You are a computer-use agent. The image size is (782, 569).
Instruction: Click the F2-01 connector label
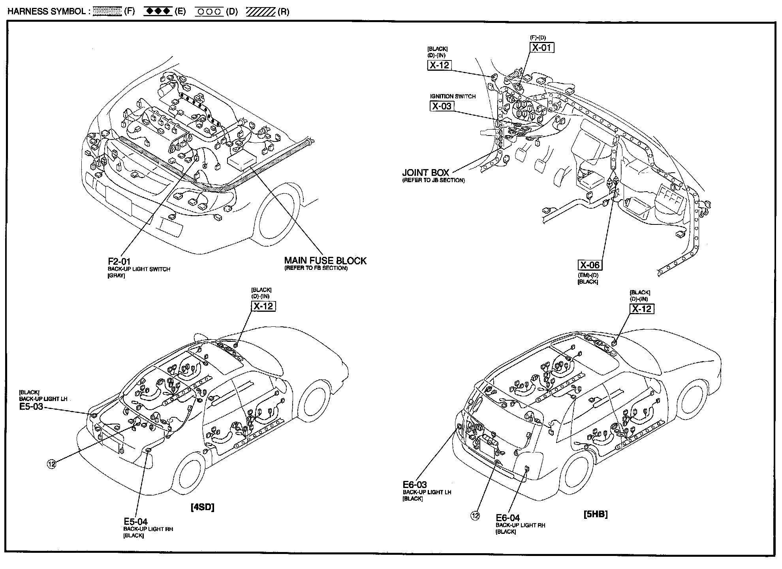119,261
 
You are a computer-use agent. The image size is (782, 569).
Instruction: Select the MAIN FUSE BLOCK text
325,261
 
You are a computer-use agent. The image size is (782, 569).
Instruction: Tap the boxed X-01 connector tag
542,47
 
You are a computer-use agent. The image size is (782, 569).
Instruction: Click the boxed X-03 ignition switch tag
442,106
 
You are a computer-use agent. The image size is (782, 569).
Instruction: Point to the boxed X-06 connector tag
590,265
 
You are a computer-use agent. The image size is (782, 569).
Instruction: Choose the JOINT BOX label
425,173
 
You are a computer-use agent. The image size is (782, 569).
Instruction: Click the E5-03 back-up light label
31,407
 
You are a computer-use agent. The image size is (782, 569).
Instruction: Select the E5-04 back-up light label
135,522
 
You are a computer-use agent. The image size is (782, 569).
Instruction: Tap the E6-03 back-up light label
415,484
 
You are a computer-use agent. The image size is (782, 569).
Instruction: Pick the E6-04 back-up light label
508,518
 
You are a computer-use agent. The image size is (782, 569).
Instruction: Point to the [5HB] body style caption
596,514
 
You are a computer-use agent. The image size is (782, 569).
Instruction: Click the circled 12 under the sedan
51,464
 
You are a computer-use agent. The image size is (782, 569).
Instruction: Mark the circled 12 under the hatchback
475,516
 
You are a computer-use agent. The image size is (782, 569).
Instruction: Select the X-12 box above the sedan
263,306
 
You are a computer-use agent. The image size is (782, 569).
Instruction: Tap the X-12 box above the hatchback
641,309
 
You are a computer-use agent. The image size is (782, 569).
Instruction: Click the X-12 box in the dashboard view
439,65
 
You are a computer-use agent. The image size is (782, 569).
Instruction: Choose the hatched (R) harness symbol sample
261,11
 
